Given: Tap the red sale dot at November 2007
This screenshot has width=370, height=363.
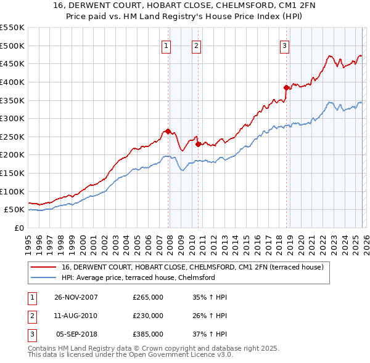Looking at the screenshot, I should pyautogui.click(x=168, y=131).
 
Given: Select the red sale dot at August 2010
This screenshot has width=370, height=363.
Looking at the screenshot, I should pyautogui.click(x=198, y=144).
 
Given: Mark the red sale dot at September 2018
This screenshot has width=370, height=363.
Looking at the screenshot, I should pyautogui.click(x=286, y=87).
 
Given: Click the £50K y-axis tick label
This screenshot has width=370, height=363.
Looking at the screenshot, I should pyautogui.click(x=14, y=210).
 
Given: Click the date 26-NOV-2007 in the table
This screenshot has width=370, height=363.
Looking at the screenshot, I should pyautogui.click(x=76, y=297).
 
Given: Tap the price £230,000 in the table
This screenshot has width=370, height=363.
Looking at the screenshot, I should pyautogui.click(x=148, y=316).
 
